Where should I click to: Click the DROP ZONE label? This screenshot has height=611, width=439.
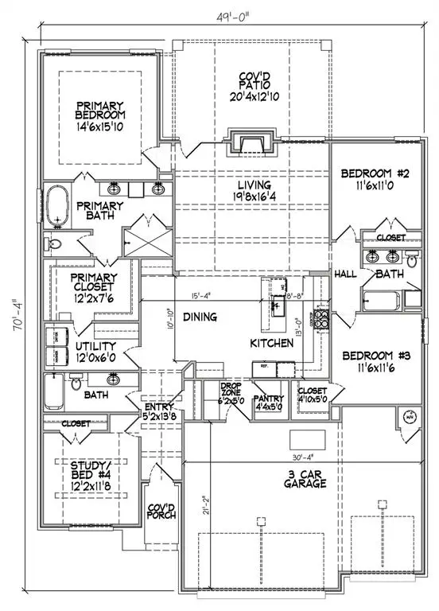[235, 391]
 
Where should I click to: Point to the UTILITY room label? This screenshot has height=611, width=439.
[95, 347]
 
